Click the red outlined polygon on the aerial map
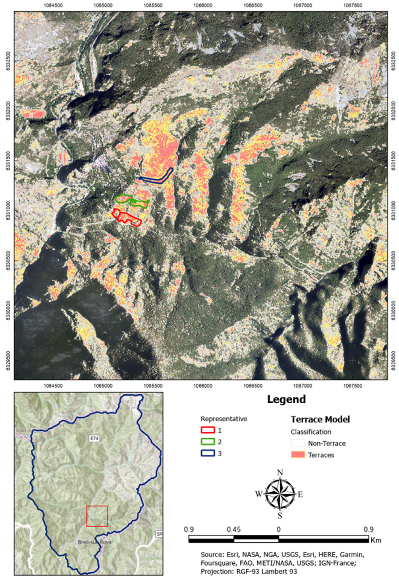pyautogui.click(x=126, y=218)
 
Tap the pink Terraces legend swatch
pyautogui.click(x=298, y=455)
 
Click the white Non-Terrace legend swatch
pyautogui.click(x=298, y=443)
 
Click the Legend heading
pyautogui.click(x=286, y=399)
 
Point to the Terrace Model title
pyautogui.click(x=320, y=419)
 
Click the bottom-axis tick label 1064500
pyautogui.click(x=53, y=386)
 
